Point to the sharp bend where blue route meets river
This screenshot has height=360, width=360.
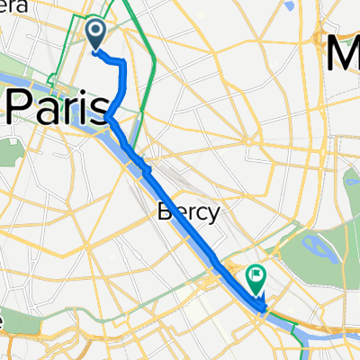pyautogui.click(x=107, y=118)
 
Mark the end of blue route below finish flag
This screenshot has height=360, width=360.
pyautogui.click(x=262, y=309)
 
